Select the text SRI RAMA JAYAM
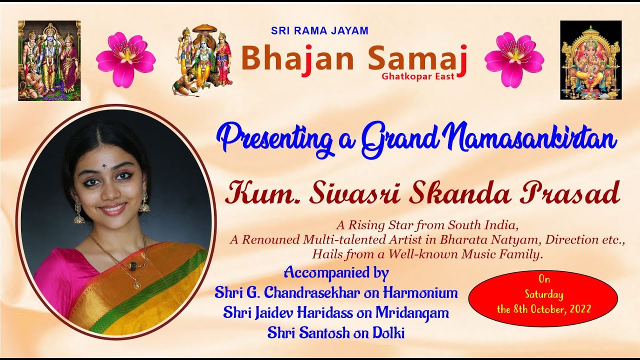click(319, 30)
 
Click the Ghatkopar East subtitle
click(418, 76)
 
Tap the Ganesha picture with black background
click(590, 60)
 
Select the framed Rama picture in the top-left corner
click(49, 60)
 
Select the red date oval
click(543, 299)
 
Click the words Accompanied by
click(336, 273)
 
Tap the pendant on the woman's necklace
click(136, 285)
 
